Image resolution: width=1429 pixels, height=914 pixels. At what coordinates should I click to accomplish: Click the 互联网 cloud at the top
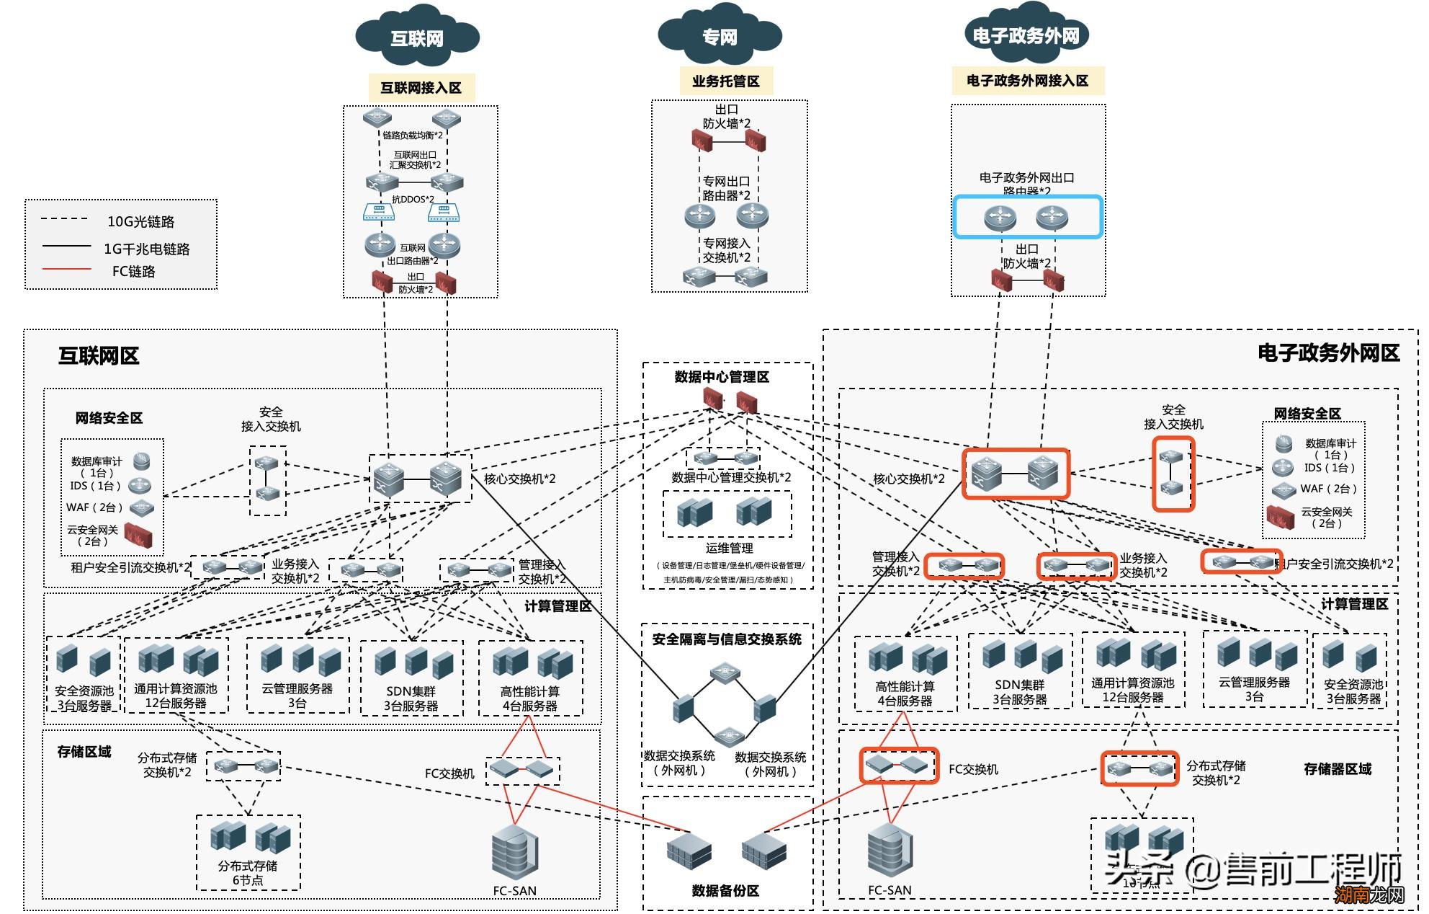[417, 38]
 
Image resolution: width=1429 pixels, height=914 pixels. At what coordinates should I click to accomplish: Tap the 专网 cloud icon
[720, 37]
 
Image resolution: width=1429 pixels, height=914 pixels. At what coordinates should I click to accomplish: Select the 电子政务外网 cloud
[1026, 35]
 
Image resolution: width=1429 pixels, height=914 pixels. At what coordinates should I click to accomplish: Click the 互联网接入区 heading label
[421, 88]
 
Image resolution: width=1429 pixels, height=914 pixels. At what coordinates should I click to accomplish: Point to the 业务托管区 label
[726, 81]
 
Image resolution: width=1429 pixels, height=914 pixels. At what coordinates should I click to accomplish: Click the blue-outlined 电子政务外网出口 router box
[1028, 217]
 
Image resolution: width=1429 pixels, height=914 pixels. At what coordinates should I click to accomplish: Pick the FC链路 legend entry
[133, 272]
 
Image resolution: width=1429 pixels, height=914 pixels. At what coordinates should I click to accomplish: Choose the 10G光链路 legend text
[140, 222]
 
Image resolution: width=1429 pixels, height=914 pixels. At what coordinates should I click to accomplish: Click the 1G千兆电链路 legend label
[146, 249]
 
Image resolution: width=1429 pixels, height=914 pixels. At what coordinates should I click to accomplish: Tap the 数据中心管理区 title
[722, 377]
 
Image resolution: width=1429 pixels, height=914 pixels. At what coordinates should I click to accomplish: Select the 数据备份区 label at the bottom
[725, 891]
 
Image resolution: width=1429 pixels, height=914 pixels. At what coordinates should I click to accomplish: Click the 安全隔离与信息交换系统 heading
[727, 639]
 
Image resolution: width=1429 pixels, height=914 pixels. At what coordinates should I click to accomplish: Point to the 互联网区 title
[99, 356]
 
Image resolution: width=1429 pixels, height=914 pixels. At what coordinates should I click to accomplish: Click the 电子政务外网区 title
[1328, 353]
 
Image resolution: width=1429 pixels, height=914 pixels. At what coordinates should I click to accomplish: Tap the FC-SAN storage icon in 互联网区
[514, 854]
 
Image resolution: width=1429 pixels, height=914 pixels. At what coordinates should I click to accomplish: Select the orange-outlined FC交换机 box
[899, 766]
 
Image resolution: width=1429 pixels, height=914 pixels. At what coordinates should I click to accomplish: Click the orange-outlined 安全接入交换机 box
[1173, 474]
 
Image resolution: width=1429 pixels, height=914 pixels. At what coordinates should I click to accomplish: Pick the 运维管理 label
[729, 549]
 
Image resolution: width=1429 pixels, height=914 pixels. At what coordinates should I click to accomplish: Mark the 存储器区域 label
[1338, 769]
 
